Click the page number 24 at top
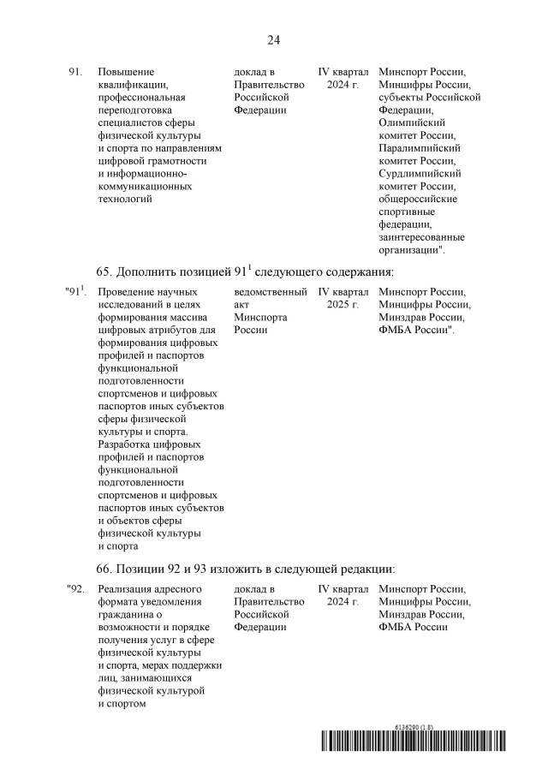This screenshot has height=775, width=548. (274, 40)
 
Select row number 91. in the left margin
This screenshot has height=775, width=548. (74, 73)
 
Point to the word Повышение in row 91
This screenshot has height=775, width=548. (125, 73)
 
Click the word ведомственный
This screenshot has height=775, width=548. (271, 292)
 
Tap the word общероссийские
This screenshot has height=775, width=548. (418, 199)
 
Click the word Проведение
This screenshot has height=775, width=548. (127, 292)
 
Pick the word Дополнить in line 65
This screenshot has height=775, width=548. (152, 272)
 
